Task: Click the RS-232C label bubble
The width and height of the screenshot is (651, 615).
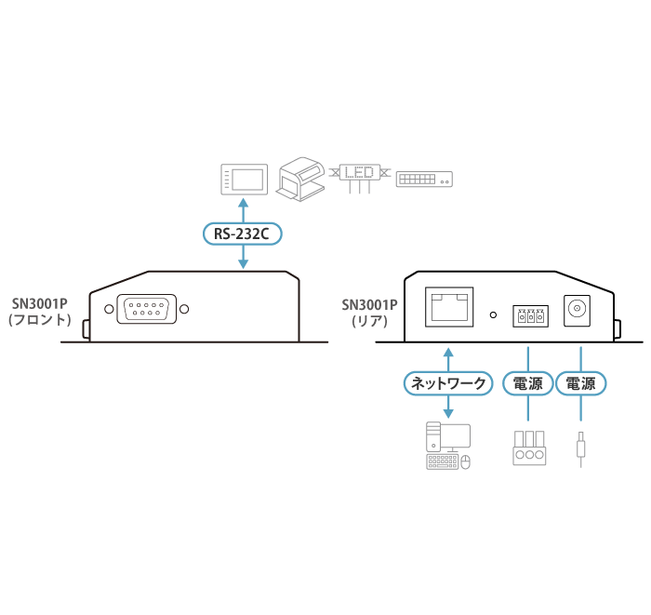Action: point(242,233)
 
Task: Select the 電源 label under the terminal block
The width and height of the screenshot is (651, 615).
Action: point(527,382)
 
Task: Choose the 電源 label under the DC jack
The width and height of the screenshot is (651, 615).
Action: point(581,382)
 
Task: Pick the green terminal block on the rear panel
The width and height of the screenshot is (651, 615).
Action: point(528,316)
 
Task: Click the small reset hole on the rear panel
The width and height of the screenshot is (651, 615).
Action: point(495,314)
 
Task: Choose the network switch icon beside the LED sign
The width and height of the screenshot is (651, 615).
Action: point(424,179)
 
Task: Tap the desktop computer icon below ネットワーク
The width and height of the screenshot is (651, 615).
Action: point(448,446)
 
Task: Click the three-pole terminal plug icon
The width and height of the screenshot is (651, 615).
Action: point(527,448)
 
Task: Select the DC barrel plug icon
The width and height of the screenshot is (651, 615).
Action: point(581,448)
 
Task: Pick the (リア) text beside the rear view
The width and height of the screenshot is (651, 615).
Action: point(367,322)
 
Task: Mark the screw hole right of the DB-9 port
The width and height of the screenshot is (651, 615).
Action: point(184,309)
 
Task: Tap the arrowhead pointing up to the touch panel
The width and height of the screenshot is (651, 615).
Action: point(244,202)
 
